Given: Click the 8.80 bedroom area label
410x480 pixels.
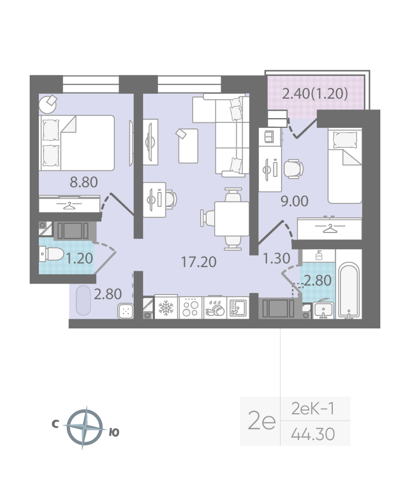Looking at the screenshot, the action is tap(84, 182).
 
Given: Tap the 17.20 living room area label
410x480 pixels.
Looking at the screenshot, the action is tap(199, 262).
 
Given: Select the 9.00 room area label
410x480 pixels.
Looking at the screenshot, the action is tap(295, 201).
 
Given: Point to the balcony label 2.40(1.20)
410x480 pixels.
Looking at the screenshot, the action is tap(315, 93).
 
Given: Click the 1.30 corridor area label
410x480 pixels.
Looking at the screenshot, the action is tap(277, 258).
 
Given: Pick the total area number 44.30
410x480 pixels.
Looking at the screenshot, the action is tap(313, 434).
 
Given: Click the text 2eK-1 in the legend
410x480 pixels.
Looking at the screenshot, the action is tap(313, 408).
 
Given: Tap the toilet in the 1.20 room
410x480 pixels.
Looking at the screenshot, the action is tap(51, 255).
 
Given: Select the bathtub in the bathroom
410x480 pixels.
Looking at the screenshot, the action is tap(348, 290).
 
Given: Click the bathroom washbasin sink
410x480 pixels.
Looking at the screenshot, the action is tap(323, 311).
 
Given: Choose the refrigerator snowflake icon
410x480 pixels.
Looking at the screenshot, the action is tap(166, 307).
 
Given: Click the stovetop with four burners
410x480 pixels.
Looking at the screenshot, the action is tap(190, 307).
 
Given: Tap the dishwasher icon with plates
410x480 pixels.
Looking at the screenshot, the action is tap(215, 307).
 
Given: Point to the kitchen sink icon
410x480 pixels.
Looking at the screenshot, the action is tap(237, 307).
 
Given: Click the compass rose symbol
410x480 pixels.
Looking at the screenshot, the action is tap(85, 427).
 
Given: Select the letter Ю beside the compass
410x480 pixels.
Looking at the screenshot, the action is tap(114, 432).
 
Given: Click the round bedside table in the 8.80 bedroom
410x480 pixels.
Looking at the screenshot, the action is tap(48, 105).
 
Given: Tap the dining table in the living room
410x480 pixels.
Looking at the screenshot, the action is tap(232, 218).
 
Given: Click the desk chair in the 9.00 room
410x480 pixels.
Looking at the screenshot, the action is tap(293, 169).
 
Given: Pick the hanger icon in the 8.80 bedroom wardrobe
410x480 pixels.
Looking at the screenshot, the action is tap(70, 205).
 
